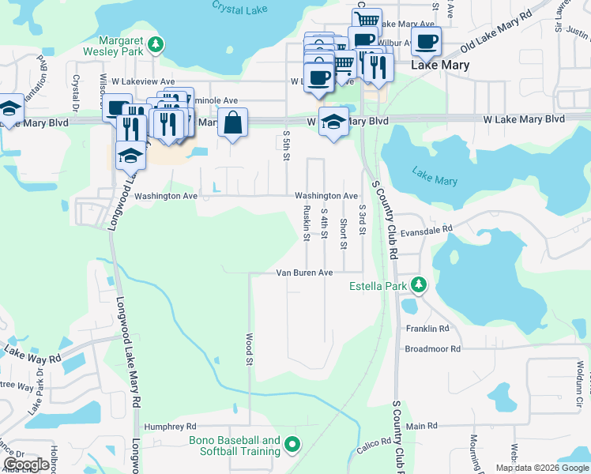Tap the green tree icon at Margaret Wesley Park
[157, 43]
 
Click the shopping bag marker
[232, 123]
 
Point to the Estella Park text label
[378, 286]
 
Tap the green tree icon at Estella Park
[419, 285]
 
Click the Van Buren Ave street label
[304, 273]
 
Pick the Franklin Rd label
[427, 329]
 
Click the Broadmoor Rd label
[432, 348]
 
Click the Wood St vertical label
[249, 348]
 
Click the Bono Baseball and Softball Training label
[235, 446]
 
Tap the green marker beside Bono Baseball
[292, 446]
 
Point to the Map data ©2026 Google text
[541, 468]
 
